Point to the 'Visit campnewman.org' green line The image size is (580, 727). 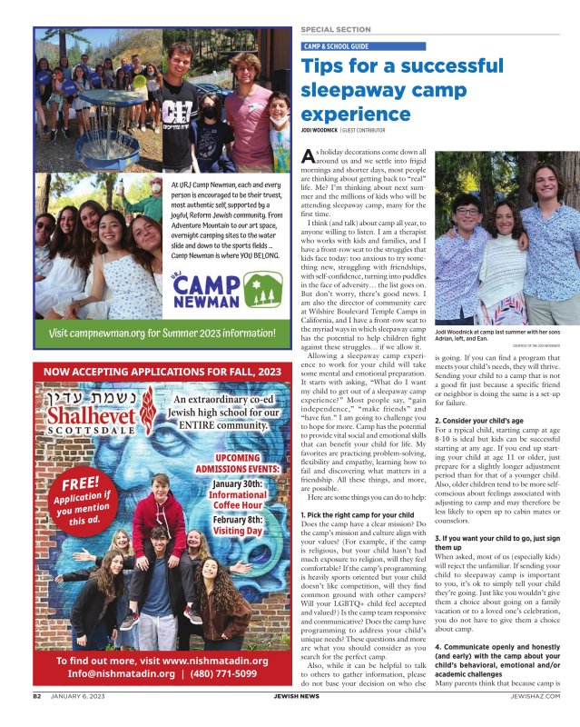point(163,333)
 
